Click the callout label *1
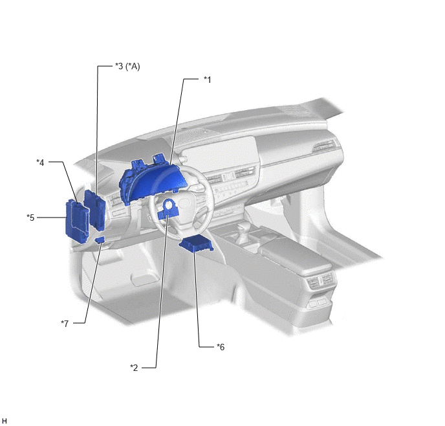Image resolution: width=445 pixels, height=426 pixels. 208,80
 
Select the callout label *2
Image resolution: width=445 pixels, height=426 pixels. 134,368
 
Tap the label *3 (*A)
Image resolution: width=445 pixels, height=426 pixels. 127,67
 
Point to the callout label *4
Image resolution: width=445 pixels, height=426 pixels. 40,163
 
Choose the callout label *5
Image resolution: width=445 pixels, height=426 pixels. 30,218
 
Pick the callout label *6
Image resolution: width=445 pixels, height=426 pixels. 221,347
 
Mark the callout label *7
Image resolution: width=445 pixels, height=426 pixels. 65,324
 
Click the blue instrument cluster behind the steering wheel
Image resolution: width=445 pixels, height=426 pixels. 152,181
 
